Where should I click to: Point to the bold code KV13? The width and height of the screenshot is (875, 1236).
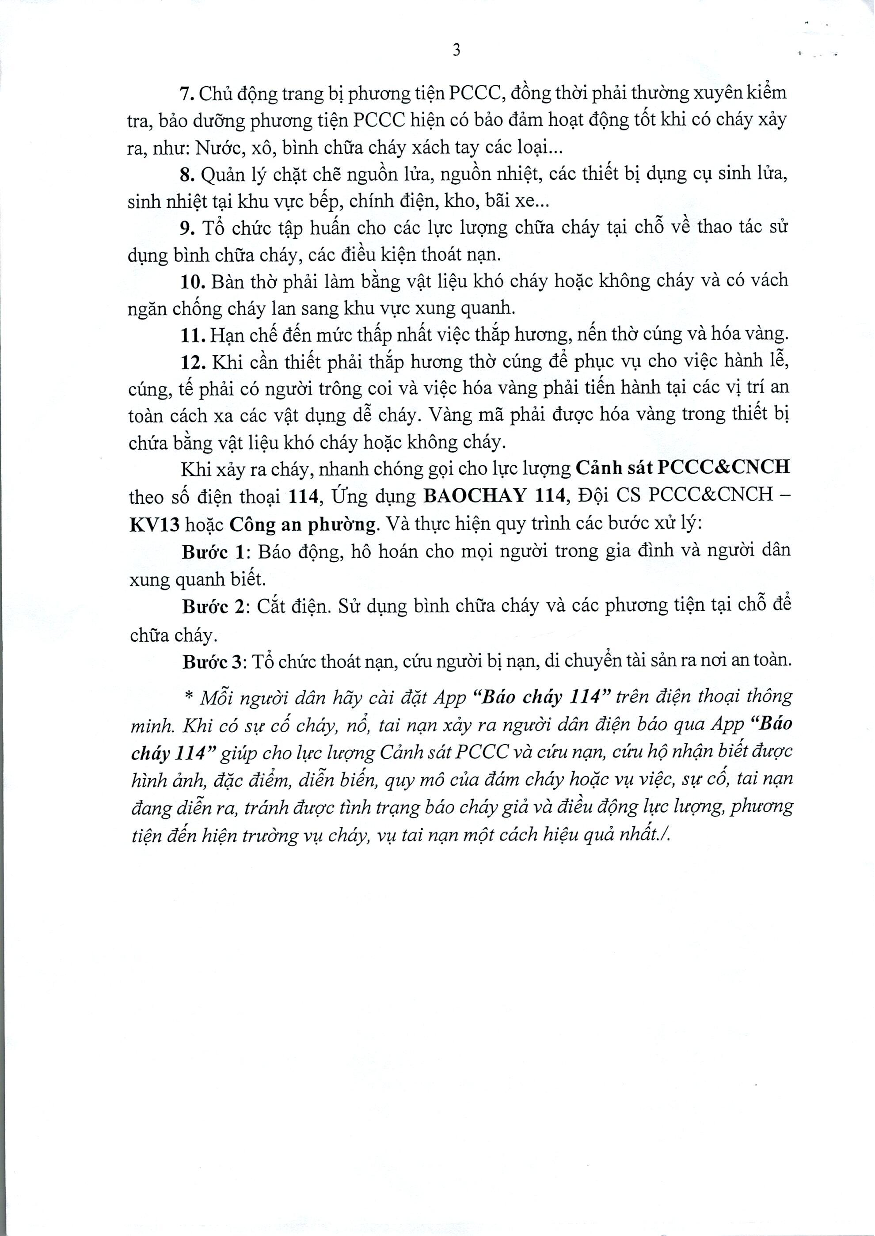[x=154, y=524]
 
